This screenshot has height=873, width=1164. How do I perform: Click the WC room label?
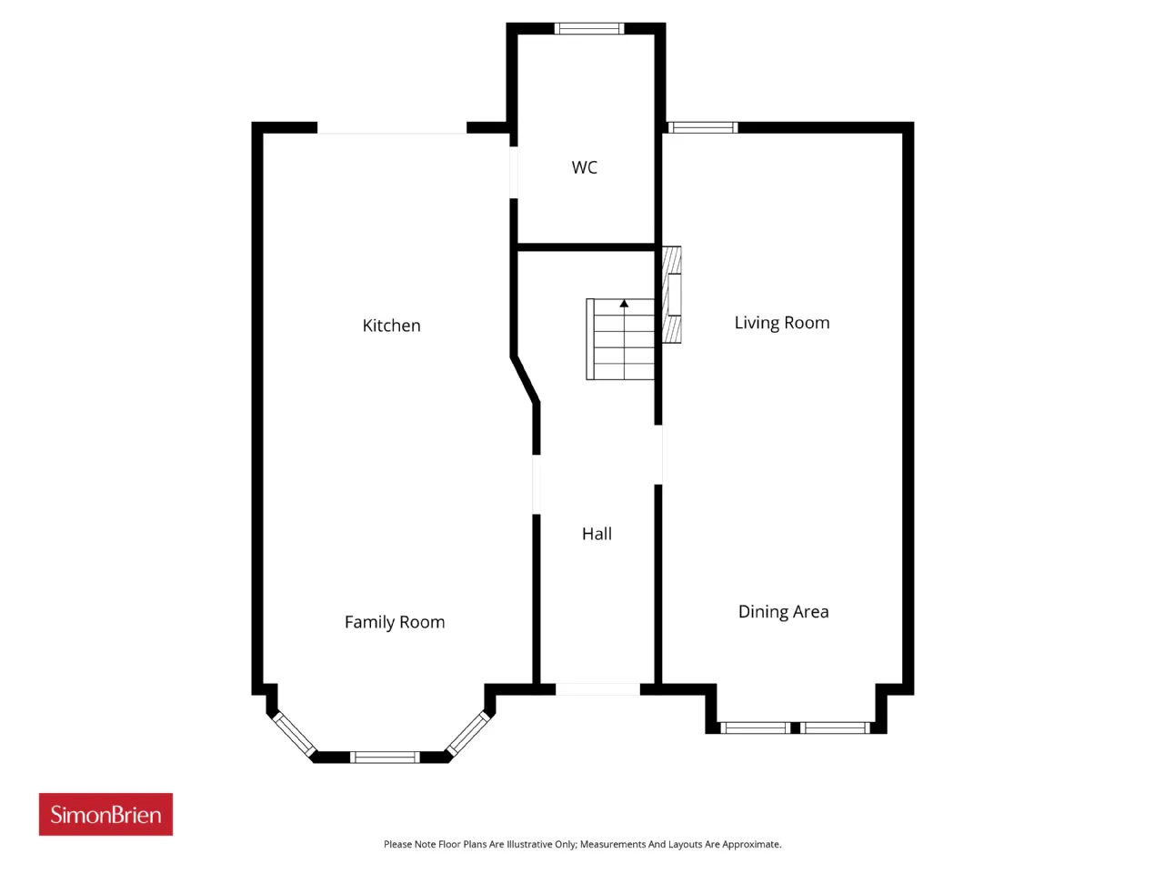click(x=584, y=167)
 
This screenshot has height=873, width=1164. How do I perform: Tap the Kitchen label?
click(x=391, y=326)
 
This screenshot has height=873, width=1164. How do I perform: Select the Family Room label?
click(x=395, y=622)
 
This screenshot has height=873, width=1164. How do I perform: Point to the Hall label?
click(x=597, y=534)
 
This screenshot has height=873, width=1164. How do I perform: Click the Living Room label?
click(x=782, y=323)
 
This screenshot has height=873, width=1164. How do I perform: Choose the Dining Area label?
click(x=783, y=612)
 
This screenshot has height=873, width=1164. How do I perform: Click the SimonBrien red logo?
click(x=105, y=814)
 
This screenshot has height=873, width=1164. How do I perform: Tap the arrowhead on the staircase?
click(x=624, y=304)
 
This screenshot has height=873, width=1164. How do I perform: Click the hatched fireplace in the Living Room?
click(x=671, y=295)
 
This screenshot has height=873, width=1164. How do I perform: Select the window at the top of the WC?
click(x=589, y=28)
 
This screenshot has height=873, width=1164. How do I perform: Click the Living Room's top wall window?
click(x=703, y=127)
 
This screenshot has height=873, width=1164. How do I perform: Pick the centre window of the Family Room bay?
click(x=385, y=757)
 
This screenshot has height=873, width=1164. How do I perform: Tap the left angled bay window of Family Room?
click(x=295, y=734)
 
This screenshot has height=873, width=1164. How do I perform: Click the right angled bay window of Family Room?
click(x=468, y=734)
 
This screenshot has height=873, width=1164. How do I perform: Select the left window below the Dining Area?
click(x=755, y=727)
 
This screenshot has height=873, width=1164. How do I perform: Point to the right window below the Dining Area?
click(x=835, y=727)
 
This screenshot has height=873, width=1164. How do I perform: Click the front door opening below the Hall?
click(x=597, y=689)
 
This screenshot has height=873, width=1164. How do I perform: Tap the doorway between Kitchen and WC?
click(x=513, y=172)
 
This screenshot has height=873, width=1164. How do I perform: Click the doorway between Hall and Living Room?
click(x=658, y=455)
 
